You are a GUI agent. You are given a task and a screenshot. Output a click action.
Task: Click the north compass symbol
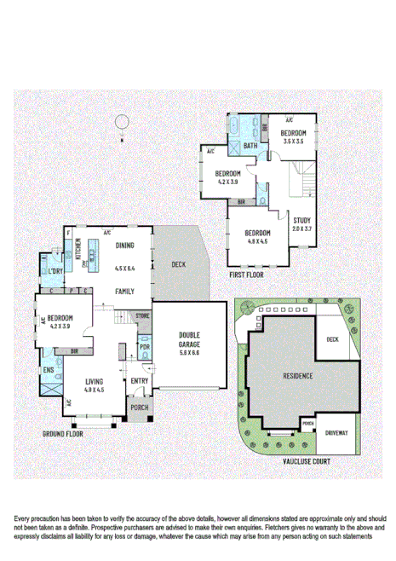pos(123,122)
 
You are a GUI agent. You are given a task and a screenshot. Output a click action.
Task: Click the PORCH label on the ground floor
pos(138,408)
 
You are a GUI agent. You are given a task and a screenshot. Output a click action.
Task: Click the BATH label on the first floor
pos(250,146)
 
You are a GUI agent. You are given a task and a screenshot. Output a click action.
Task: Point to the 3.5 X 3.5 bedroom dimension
pos(295,142)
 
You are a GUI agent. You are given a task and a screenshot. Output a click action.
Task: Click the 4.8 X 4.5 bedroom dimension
pos(257,241)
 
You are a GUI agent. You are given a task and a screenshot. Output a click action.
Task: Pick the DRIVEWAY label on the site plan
pos(336,432)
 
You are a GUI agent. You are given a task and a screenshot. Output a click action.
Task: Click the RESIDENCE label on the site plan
pos(298,375)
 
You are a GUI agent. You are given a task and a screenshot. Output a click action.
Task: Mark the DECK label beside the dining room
pos(178,264)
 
